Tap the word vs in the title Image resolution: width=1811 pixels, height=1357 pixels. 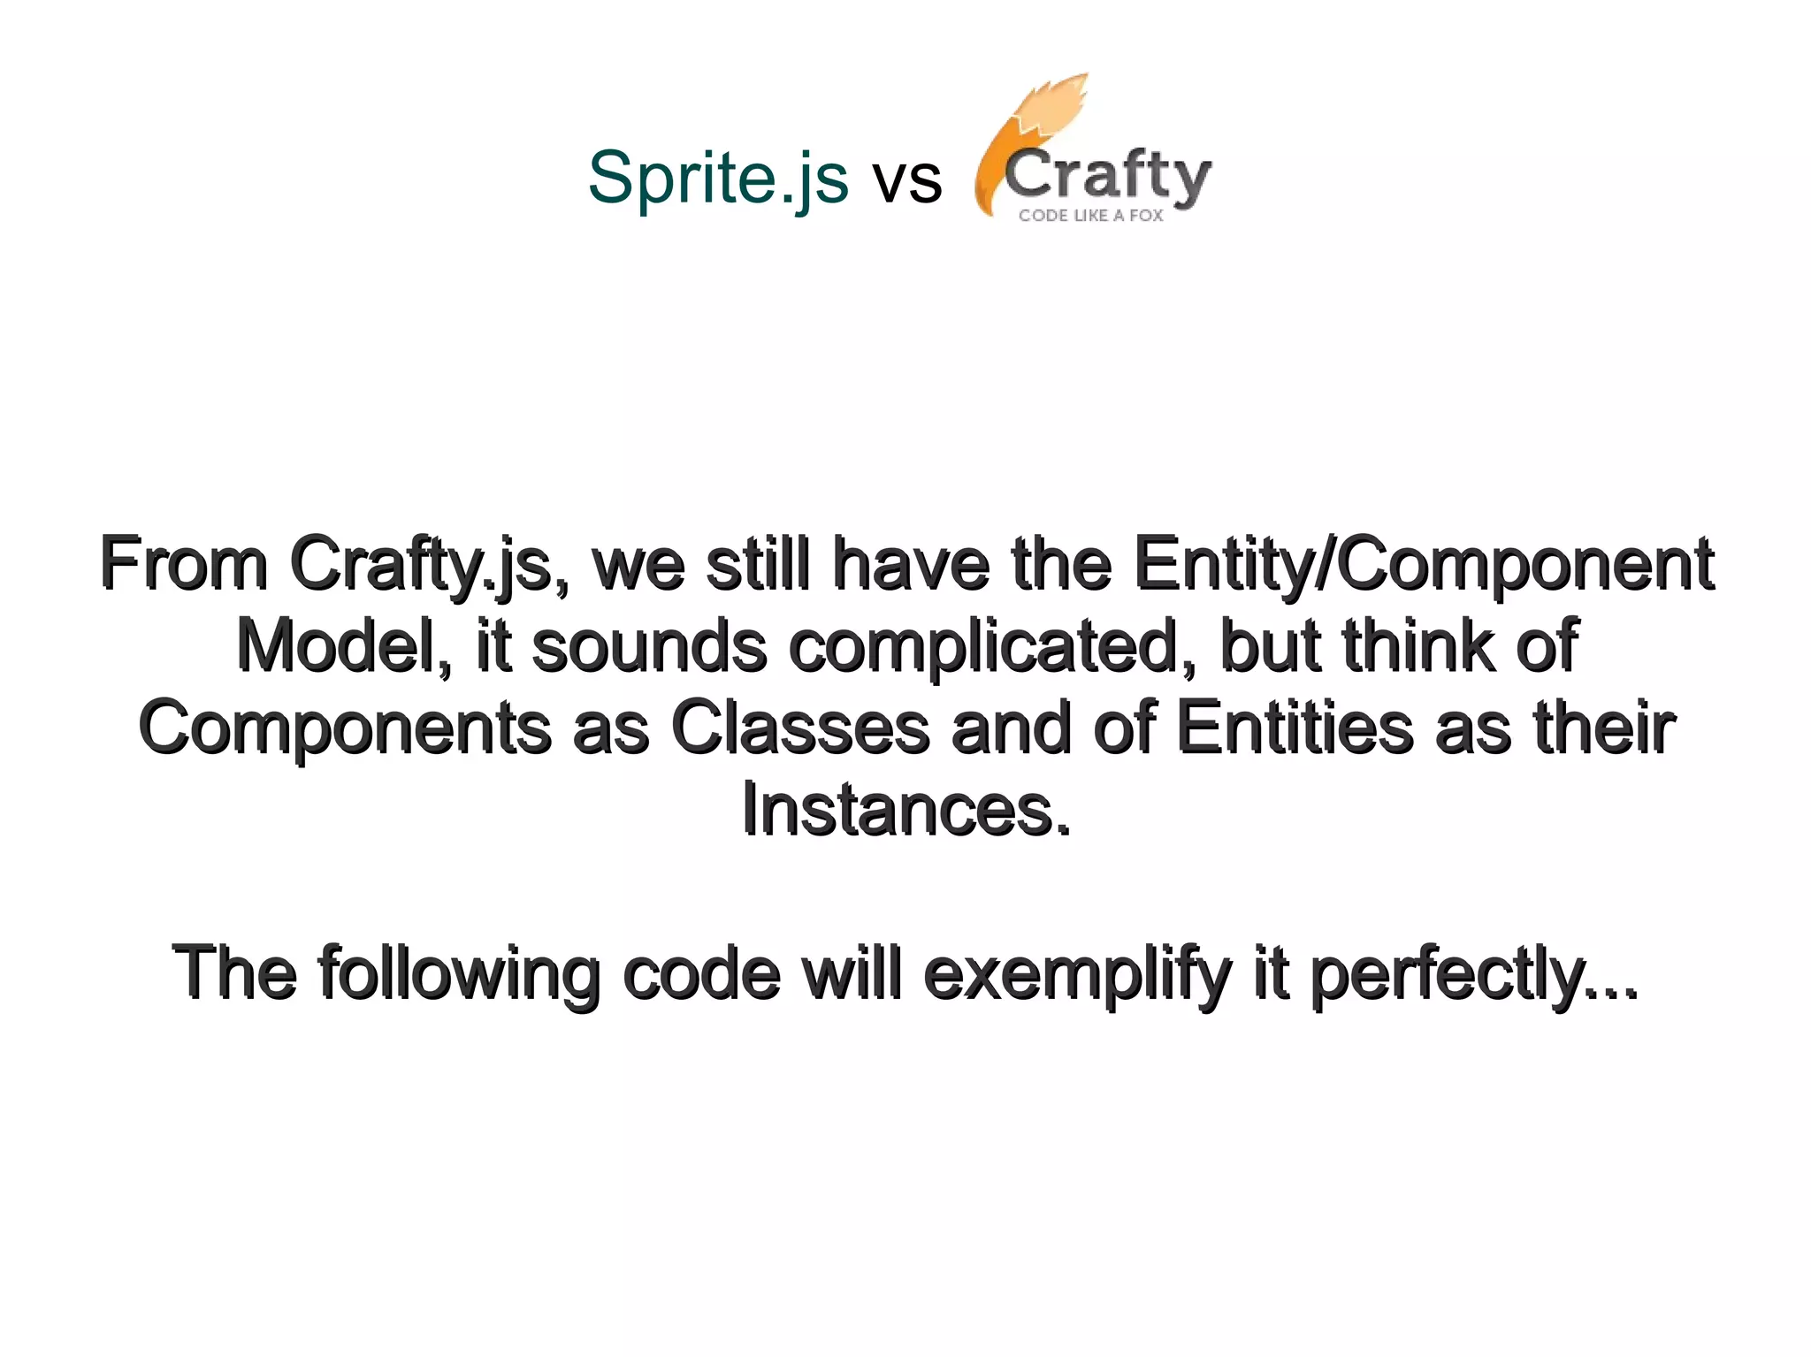pyautogui.click(x=907, y=180)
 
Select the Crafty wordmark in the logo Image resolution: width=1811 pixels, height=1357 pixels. pyautogui.click(x=1107, y=177)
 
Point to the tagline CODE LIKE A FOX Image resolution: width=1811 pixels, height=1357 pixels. pyautogui.click(x=1090, y=216)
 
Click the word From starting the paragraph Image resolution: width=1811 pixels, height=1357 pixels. pyautogui.click(x=184, y=564)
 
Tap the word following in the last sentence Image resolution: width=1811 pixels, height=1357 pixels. pyautogui.click(x=459, y=974)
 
